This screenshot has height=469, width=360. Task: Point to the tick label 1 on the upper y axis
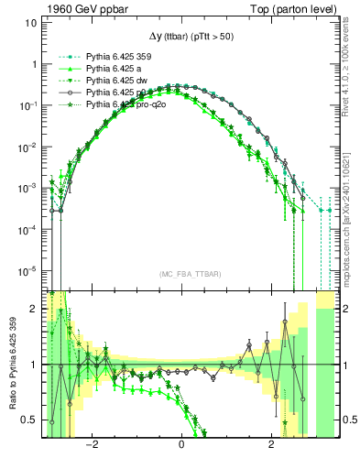(x=33, y=65)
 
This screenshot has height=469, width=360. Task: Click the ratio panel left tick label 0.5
(x=30, y=420)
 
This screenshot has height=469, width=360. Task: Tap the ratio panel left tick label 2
(x=35, y=309)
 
